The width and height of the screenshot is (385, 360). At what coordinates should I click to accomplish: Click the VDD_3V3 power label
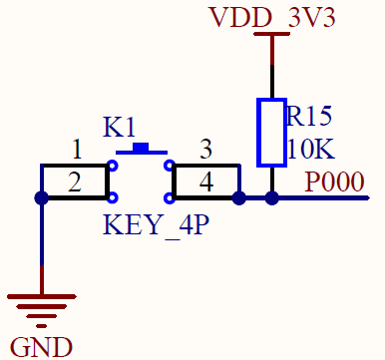pyautogui.click(x=271, y=17)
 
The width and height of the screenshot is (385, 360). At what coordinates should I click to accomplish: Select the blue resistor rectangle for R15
pyautogui.click(x=271, y=132)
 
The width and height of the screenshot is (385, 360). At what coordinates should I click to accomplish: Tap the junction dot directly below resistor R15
pyautogui.click(x=272, y=198)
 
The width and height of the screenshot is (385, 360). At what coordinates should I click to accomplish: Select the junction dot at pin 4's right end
pyautogui.click(x=239, y=198)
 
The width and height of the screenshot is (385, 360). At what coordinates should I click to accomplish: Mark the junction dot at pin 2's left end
pyautogui.click(x=41, y=198)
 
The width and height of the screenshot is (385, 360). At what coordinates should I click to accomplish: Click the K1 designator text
pyautogui.click(x=119, y=128)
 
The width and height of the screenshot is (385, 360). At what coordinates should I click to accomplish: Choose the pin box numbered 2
pyautogui.click(x=75, y=181)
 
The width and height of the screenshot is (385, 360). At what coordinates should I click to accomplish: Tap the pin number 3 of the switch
pyautogui.click(x=205, y=150)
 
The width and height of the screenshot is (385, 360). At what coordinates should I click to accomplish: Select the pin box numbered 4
pyautogui.click(x=205, y=181)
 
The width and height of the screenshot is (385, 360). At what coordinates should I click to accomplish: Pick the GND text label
pyautogui.click(x=41, y=346)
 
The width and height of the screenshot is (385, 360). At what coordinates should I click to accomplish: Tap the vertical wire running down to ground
pyautogui.click(x=41, y=249)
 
